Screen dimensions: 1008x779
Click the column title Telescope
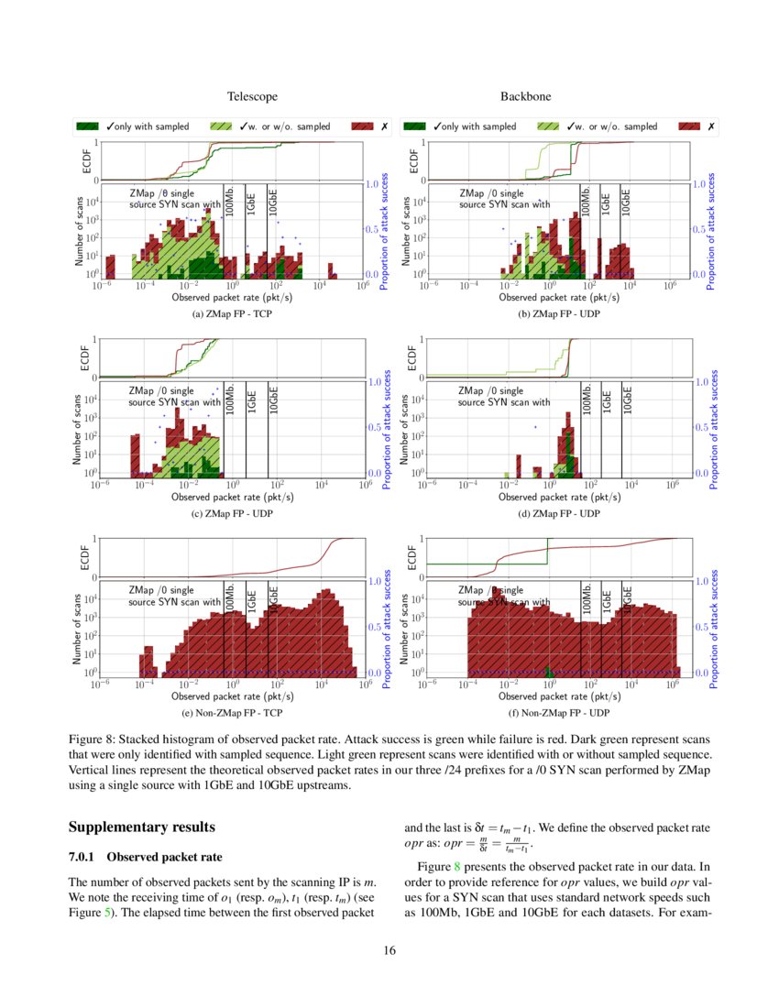click(252, 96)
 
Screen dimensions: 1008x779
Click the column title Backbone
click(525, 96)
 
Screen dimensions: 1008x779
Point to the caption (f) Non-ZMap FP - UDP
click(561, 711)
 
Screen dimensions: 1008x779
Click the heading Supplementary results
click(142, 827)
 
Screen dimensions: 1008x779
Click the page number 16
click(389, 950)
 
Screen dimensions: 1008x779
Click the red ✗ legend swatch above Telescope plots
click(364, 126)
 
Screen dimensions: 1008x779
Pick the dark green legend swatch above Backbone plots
click(416, 126)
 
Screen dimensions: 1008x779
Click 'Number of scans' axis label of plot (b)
click(406, 232)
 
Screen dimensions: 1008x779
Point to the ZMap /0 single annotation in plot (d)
click(490, 391)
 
